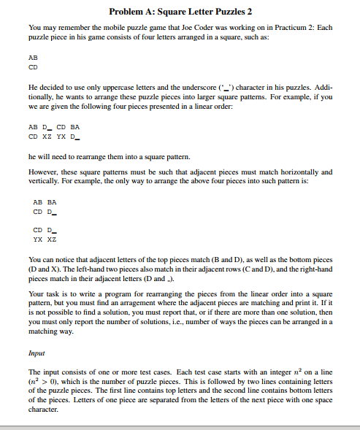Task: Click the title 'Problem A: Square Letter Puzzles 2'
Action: pyautogui.click(x=180, y=12)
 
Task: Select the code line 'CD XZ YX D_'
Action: pyautogui.click(x=53, y=135)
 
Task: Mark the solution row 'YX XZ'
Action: pyautogui.click(x=45, y=239)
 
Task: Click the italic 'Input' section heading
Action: pyautogui.click(x=37, y=351)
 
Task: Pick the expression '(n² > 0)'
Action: pyautogui.click(x=46, y=382)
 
